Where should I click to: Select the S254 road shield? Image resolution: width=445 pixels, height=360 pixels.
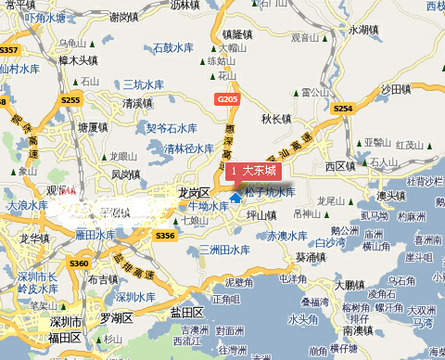(343, 109)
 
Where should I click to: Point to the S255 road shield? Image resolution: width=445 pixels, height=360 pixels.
(70, 99)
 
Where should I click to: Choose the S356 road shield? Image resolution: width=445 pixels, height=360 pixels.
(165, 237)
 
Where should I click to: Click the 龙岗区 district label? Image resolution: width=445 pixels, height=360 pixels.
(196, 192)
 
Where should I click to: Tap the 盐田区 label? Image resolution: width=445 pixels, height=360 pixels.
(185, 312)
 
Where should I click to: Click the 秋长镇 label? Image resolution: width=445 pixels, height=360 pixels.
(275, 119)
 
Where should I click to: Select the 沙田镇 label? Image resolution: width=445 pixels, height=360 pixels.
(395, 89)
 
